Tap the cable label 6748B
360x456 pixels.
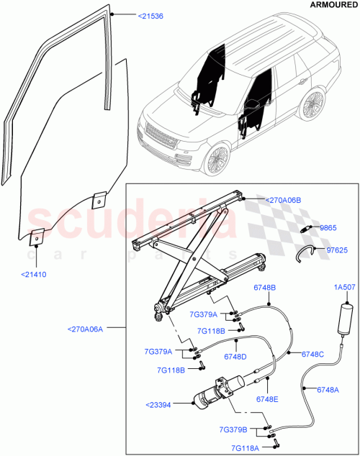click(x=264, y=306)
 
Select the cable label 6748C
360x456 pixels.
click(x=313, y=354)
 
